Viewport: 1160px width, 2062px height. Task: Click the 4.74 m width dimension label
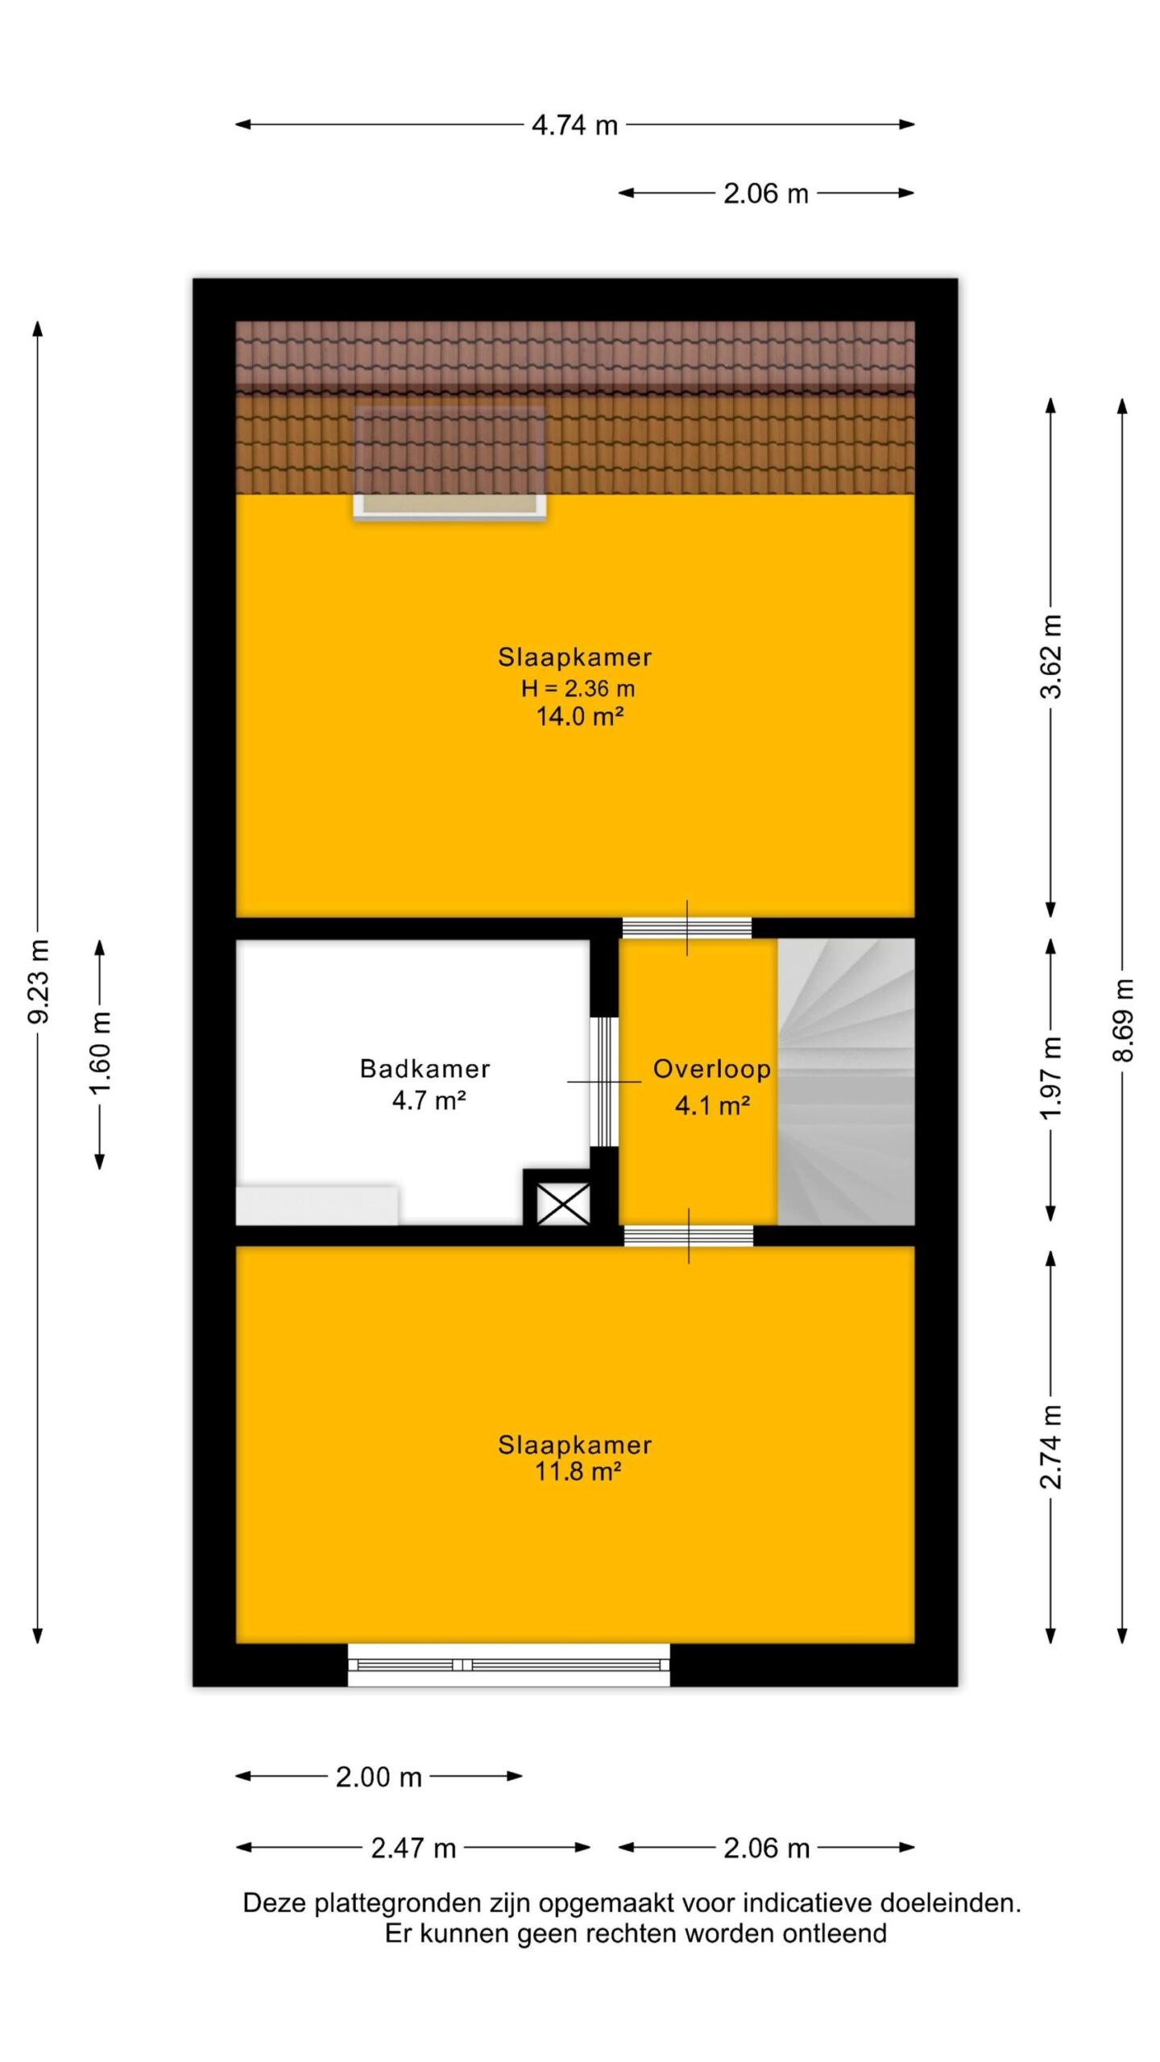[x=574, y=125]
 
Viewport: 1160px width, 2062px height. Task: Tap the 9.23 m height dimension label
[x=39, y=981]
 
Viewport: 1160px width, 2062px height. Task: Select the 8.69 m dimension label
[x=1123, y=1020]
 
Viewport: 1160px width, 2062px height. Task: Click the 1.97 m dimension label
[x=1051, y=1078]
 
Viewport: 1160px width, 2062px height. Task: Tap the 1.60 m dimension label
[x=101, y=1054]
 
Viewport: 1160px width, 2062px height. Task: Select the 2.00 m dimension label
[x=379, y=1777]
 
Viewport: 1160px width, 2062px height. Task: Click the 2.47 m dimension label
[x=413, y=1848]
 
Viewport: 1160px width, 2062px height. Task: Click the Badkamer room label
[x=425, y=1069]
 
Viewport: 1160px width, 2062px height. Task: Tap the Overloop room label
[x=711, y=1069]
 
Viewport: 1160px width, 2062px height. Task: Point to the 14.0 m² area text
[x=580, y=716]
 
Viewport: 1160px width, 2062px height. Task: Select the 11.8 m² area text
[x=578, y=1472]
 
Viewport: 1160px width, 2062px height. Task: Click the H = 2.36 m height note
[x=578, y=689]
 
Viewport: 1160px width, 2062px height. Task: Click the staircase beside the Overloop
[x=846, y=1082]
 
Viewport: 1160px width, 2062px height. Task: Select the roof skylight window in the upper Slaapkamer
[x=450, y=464]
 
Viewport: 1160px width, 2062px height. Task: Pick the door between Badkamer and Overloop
[x=603, y=1081]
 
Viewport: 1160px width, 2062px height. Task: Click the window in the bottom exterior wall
[x=508, y=1664]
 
